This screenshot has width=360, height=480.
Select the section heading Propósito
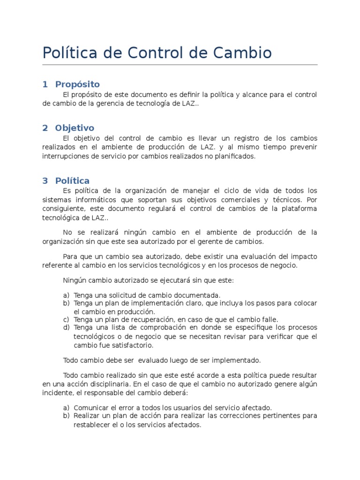pyautogui.click(x=77, y=84)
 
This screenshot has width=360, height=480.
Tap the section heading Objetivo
pyautogui.click(x=75, y=128)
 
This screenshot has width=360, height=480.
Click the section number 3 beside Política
pyautogui.click(x=45, y=180)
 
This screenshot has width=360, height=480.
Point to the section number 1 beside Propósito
pyautogui.click(x=45, y=84)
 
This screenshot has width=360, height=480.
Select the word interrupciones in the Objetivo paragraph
pyautogui.click(x=64, y=157)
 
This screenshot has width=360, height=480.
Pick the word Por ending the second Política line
pyautogui.click(x=312, y=200)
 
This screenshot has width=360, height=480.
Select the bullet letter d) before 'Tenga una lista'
pyautogui.click(x=66, y=327)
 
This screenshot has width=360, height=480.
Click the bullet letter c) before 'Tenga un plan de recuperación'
pyautogui.click(x=66, y=319)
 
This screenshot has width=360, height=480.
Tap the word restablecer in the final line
pyautogui.click(x=92, y=425)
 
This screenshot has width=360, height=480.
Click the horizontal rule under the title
pyautogui.click(x=180, y=65)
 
